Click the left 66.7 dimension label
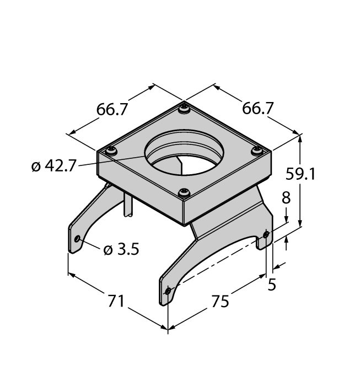coord(112,109)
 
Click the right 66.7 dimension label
coord(257,108)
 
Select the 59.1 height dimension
coord(300,174)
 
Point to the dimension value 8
coord(286,197)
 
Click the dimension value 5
coord(272,285)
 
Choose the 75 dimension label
coord(220,301)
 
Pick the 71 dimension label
coord(116,301)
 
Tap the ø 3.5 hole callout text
coord(121,249)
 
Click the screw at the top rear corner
coord(184,109)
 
